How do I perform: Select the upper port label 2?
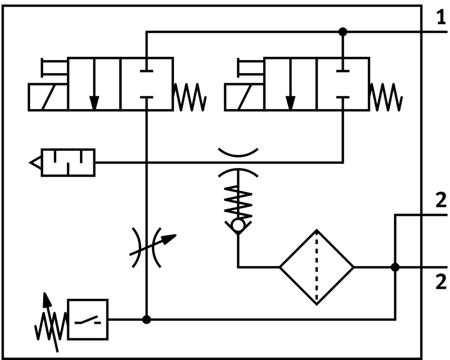[441, 201]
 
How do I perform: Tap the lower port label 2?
[441, 282]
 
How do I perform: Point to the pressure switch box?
[88, 319]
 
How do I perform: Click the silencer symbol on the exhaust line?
[68, 162]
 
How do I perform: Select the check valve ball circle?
[238, 225]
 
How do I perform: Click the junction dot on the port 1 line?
[343, 32]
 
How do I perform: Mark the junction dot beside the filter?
[395, 267]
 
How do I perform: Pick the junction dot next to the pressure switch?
[146, 319]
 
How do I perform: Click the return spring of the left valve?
[190, 97]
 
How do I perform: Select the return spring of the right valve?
[386, 97]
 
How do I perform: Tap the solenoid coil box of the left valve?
[48, 97]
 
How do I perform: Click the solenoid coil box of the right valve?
[244, 97]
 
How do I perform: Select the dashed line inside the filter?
[317, 268]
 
